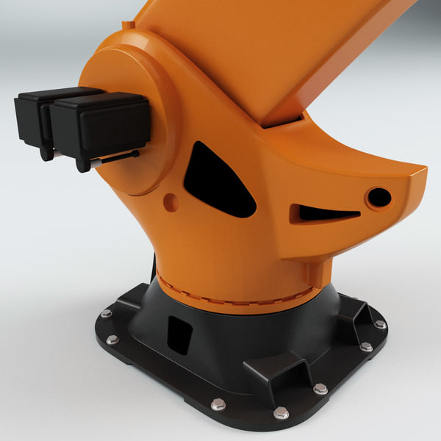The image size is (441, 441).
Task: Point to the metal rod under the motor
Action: coord(118,157)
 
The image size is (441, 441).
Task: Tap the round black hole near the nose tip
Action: coord(379,197)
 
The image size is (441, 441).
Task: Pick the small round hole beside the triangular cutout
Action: coord(171,202)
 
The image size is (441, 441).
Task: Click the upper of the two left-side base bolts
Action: coord(106,313)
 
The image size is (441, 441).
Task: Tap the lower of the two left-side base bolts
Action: coord(112,340)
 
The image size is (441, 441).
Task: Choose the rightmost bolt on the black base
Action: coord(379,324)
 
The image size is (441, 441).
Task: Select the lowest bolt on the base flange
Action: coord(280,413)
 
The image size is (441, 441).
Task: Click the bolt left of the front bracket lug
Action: coord(218,404)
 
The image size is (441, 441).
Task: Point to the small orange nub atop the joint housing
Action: coord(129,26)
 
